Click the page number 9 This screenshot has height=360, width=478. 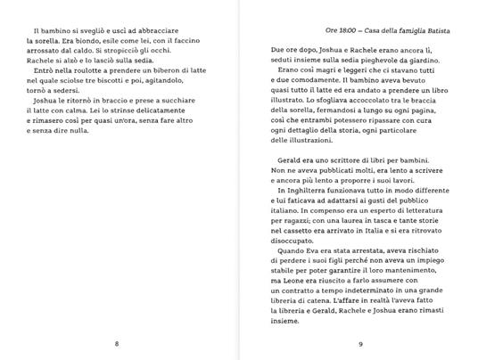[359, 343]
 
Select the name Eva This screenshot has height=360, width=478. [320, 277]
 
